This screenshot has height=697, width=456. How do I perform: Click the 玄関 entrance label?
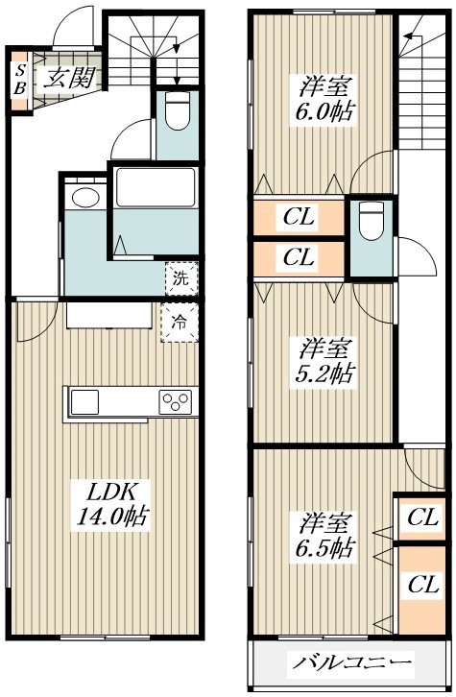(70, 79)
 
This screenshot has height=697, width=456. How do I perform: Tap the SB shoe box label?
(20, 80)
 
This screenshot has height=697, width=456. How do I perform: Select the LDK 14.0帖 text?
(113, 505)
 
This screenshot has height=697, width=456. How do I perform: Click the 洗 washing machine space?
(181, 279)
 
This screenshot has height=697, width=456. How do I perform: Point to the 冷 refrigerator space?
(180, 323)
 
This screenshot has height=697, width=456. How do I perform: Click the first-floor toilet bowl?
(178, 111)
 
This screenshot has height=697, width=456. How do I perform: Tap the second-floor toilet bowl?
(372, 222)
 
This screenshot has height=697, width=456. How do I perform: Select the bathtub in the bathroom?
(156, 187)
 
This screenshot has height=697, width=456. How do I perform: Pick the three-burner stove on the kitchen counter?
(176, 402)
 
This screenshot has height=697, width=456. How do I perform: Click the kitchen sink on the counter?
(84, 402)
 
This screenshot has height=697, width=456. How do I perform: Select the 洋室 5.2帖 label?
(324, 362)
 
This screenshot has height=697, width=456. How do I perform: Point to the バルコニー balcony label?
(351, 663)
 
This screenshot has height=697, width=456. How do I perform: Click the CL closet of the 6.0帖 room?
(299, 217)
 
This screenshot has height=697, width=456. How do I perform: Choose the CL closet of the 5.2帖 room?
(299, 257)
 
